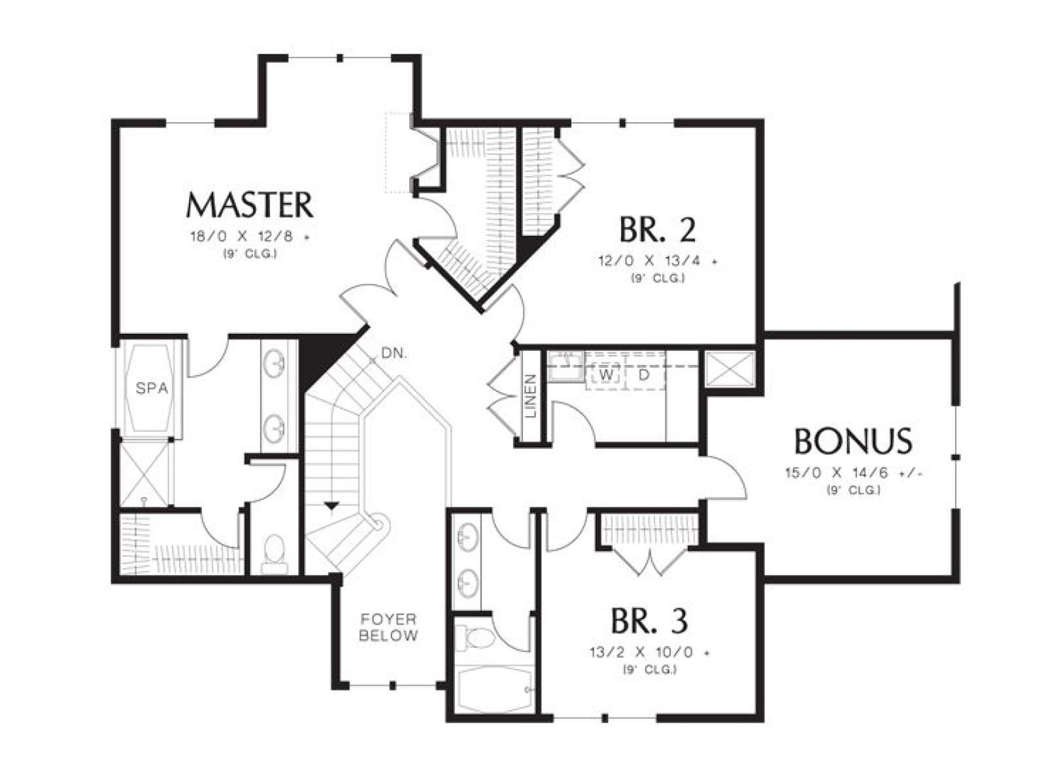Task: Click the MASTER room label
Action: coord(249,204)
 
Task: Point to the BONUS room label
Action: coord(853,441)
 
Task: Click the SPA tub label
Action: coord(152,389)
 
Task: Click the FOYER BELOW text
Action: coord(388,627)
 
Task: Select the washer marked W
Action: coord(605,375)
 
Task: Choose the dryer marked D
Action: coord(645,375)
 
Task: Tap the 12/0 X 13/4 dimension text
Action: coord(658,261)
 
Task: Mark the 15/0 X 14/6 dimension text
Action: coord(854,473)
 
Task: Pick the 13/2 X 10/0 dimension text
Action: coord(650,653)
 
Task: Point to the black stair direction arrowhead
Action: coord(331,506)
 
